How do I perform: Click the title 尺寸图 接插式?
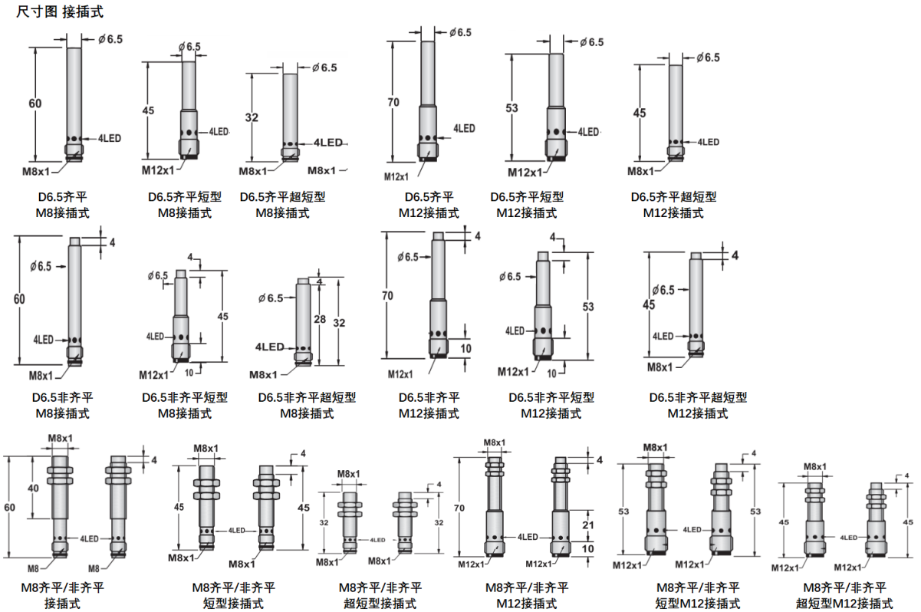60,12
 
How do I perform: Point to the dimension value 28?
320,319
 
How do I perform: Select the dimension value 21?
588,525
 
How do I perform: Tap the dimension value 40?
33,489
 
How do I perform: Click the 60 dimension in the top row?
35,104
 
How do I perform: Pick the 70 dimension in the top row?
393,102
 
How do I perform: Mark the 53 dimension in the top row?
512,108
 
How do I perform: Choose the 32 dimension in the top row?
252,117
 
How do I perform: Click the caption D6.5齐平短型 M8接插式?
185,205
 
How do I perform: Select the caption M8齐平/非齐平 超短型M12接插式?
844,595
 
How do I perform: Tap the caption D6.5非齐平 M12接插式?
429,405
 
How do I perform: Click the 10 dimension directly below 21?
588,548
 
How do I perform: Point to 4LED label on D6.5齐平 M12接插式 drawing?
464,129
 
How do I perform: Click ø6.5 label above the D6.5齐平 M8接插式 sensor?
110,39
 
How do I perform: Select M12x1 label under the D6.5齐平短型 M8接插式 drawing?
158,170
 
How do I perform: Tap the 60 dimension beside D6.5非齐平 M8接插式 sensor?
19,299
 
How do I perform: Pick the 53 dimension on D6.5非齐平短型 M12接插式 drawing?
588,307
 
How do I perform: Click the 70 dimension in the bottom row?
459,508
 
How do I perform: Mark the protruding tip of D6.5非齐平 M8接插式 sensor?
75,242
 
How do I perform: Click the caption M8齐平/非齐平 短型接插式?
233,595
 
